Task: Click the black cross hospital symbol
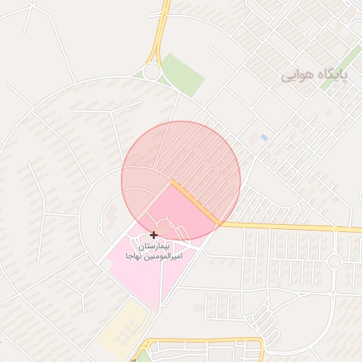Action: click(x=153, y=234)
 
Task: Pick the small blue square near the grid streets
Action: click(x=264, y=136)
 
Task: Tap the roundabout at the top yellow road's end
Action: click(x=151, y=71)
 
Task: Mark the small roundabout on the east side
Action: click(x=334, y=262)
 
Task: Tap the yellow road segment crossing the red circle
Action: click(x=194, y=202)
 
